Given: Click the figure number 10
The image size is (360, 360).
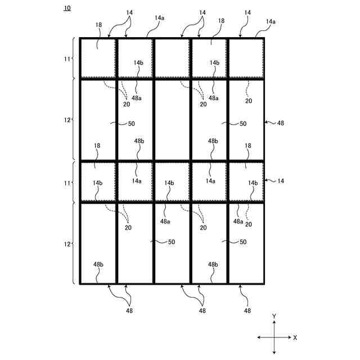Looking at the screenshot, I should (x=67, y=8).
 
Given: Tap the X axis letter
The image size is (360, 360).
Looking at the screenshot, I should (x=295, y=337).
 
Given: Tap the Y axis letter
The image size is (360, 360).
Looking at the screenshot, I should (x=274, y=317).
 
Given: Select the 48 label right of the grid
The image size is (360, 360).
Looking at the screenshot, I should (x=281, y=121).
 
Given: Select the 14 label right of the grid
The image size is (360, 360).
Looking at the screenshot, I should (x=281, y=181).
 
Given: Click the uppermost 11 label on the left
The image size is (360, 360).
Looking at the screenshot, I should (x=67, y=58).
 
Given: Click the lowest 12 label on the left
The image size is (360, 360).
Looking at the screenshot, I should (x=67, y=244).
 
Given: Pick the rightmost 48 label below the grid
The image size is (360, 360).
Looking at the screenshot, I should (x=247, y=310).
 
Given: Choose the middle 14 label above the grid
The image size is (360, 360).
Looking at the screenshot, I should (x=202, y=12).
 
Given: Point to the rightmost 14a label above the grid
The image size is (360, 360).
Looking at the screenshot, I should (x=271, y=21).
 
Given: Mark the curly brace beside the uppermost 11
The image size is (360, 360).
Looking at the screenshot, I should (x=74, y=58).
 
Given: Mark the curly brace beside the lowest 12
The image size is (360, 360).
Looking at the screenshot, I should (x=74, y=244).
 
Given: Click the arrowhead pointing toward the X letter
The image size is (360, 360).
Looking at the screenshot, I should (x=289, y=337).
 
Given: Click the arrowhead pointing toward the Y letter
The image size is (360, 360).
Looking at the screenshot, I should (x=274, y=323).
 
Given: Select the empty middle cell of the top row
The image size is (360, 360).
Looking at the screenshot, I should (x=172, y=58).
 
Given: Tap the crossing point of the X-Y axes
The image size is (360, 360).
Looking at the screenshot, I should (x=274, y=337).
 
